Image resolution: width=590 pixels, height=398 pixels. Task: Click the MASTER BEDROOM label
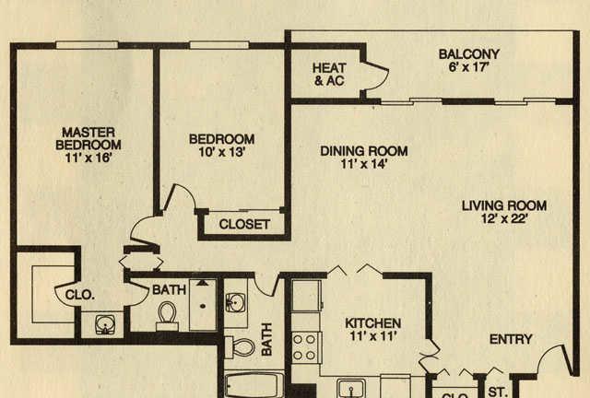pyautogui.click(x=88, y=139)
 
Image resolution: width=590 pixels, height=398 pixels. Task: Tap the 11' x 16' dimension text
pyautogui.click(x=88, y=158)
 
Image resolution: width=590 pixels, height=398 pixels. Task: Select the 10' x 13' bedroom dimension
pyautogui.click(x=222, y=152)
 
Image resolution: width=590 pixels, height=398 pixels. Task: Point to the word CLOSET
pyautogui.click(x=244, y=225)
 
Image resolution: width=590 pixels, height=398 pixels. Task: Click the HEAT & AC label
pyautogui.click(x=329, y=75)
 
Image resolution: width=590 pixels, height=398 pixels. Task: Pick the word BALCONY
pyautogui.click(x=469, y=54)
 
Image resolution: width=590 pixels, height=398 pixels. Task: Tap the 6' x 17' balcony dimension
pyautogui.click(x=469, y=67)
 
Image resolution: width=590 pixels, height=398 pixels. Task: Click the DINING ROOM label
pyautogui.click(x=364, y=151)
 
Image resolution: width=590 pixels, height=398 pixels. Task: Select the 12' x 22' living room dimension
pyautogui.click(x=504, y=218)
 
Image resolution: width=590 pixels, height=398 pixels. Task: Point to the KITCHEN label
pyautogui.click(x=372, y=323)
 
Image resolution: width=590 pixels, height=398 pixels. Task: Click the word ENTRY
pyautogui.click(x=511, y=339)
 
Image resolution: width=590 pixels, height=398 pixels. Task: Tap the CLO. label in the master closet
pyautogui.click(x=79, y=295)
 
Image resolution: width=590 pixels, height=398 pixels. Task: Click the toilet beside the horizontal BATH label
pyautogui.click(x=168, y=316)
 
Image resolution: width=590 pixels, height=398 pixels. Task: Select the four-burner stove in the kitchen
pyautogui.click(x=306, y=347)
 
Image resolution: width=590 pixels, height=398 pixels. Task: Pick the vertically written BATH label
pyautogui.click(x=266, y=339)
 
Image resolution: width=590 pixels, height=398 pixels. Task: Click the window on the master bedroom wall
pyautogui.click(x=87, y=45)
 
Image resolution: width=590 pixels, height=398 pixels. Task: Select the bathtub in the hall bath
pyautogui.click(x=254, y=384)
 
